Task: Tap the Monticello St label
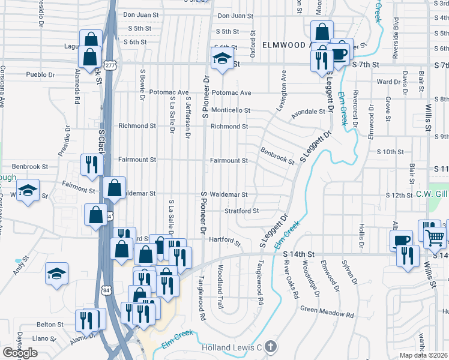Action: [x=230, y=110]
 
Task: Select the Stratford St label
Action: [x=241, y=211]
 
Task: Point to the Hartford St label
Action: [x=225, y=241]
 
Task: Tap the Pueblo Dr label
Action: [x=40, y=75]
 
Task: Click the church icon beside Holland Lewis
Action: [x=271, y=346]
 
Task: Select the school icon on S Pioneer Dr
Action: [x=222, y=59]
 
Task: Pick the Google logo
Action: [x=20, y=353]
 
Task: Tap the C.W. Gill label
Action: [x=432, y=194]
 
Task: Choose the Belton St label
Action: [x=50, y=324]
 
